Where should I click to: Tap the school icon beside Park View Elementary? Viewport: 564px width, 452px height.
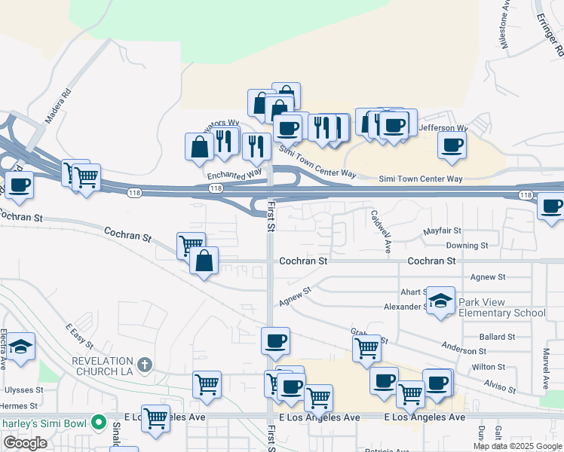coord(440,301)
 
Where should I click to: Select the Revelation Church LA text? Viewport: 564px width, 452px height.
coord(103,366)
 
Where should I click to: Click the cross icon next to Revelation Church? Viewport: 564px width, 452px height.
coord(146,365)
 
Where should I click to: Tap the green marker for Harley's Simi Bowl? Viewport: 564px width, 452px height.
coord(98,422)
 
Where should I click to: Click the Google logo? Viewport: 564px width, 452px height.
coord(25,443)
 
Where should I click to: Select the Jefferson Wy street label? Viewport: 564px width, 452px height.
coord(443,128)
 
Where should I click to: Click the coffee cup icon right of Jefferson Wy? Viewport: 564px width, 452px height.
coord(452,145)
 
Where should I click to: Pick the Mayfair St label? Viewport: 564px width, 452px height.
coord(442,231)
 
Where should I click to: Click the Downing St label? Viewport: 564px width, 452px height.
coord(467,246)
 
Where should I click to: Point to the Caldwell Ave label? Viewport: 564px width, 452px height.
coord(381,230)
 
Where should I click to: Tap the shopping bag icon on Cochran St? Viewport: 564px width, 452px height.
coord(204,261)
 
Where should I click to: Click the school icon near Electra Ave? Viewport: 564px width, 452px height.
coord(21,347)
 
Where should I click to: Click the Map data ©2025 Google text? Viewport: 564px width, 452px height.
coord(516,446)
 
